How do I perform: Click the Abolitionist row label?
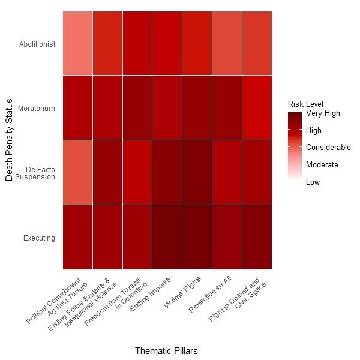tap(37, 44)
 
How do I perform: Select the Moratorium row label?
tap(37, 109)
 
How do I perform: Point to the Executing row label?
tap(40, 238)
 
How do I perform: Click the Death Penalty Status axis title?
tap(8, 141)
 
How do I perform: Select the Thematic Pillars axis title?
tap(166, 350)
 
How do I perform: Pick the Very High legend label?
tap(323, 113)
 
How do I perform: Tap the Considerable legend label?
tap(328, 147)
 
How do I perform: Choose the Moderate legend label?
tap(322, 164)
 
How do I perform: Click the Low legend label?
tap(313, 182)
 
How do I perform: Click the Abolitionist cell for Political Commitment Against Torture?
tap(77, 44)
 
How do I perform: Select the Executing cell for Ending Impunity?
tap(167, 238)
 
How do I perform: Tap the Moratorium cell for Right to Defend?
tap(257, 109)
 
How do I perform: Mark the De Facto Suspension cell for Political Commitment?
tap(77, 173)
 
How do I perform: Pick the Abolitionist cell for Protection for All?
tap(227, 44)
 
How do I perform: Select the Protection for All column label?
tap(210, 296)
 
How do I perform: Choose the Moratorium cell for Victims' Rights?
tap(197, 109)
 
